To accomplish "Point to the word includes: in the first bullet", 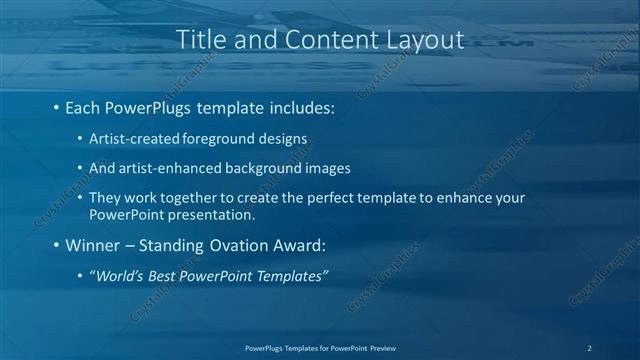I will pos(299,105).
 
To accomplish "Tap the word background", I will pos(245,168).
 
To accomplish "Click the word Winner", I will pos(92,244).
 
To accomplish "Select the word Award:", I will pos(300,244).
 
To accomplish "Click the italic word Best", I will pos(164,276).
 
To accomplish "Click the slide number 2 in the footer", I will pos(590,347).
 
